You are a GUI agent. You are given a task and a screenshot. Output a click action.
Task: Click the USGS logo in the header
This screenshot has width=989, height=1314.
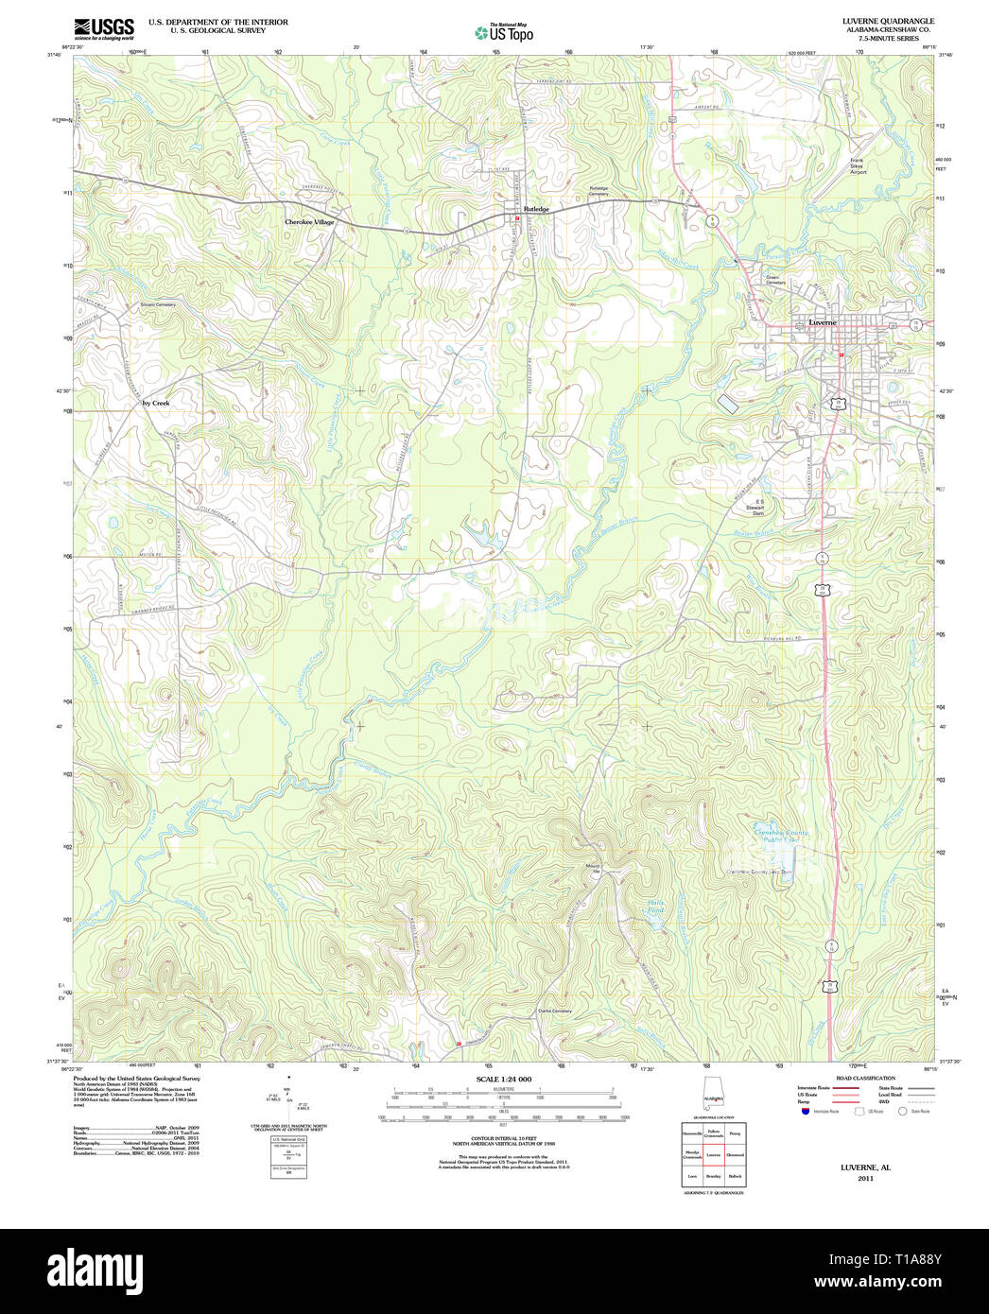[103, 27]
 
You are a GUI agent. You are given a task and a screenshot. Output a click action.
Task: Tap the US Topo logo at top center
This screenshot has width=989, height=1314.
[504, 33]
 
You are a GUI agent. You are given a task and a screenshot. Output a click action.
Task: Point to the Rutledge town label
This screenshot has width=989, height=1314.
[536, 209]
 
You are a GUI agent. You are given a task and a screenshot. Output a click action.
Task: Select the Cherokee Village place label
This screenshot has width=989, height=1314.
[309, 222]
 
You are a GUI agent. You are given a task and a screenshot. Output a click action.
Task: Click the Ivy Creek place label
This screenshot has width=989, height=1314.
[155, 403]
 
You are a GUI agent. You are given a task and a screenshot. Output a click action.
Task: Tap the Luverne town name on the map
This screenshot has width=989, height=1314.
[822, 322]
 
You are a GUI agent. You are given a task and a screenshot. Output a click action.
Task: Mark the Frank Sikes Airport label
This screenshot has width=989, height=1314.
[858, 166]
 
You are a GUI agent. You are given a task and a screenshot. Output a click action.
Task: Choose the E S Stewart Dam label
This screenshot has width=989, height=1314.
[755, 507]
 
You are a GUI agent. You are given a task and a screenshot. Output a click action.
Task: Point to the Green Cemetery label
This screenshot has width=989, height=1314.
[775, 280]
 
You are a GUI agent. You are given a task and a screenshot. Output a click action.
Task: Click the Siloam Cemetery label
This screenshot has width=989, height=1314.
[158, 304]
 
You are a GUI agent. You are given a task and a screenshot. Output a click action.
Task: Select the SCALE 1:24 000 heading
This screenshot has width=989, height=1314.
[503, 1080]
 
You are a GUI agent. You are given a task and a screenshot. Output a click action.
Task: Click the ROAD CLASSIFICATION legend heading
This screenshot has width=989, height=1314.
[859, 1079]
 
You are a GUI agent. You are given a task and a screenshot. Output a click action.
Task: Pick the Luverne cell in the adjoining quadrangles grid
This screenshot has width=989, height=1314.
[713, 1154]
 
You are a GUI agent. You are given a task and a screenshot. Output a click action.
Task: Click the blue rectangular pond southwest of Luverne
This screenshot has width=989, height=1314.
[728, 404]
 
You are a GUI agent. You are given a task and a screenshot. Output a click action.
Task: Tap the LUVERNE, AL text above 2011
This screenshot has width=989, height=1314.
[865, 1167]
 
